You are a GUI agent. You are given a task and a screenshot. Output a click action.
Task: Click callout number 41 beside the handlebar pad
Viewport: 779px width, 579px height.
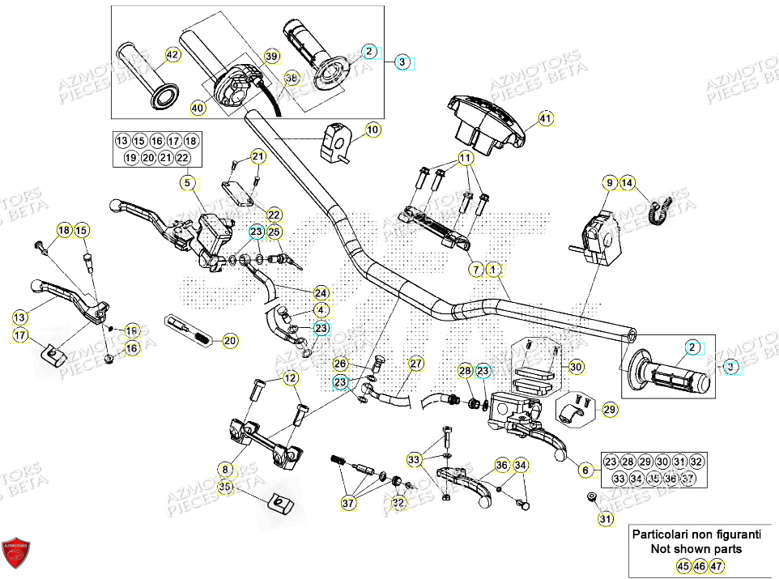(x=546, y=119)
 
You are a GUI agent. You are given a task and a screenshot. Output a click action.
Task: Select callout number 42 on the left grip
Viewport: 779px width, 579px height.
(x=171, y=55)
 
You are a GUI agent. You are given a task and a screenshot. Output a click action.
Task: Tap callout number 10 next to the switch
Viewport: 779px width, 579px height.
(x=372, y=130)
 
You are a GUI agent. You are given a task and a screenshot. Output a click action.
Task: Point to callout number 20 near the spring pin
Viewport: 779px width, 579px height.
(x=230, y=341)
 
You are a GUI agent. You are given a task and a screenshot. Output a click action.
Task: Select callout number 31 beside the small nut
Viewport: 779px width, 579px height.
(x=604, y=519)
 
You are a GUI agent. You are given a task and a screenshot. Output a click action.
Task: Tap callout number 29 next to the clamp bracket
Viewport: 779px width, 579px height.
(x=610, y=410)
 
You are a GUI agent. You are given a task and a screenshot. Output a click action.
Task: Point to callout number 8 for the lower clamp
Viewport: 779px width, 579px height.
(x=225, y=468)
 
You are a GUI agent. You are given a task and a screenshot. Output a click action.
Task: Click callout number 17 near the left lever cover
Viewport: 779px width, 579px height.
(x=19, y=334)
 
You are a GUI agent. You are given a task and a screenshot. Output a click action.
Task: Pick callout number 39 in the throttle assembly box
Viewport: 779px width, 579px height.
(x=271, y=56)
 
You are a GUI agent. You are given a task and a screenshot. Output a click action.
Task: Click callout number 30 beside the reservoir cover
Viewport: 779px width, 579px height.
(x=576, y=367)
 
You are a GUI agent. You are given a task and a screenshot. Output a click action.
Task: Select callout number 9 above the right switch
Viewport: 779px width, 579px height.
(x=609, y=184)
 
